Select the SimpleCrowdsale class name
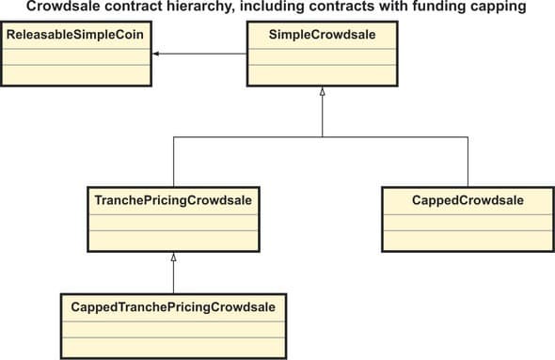[323, 35]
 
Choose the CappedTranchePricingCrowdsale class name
[172, 306]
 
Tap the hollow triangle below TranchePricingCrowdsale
[172, 257]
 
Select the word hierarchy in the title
[207, 8]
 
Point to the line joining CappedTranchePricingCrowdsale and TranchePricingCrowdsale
[172, 277]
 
